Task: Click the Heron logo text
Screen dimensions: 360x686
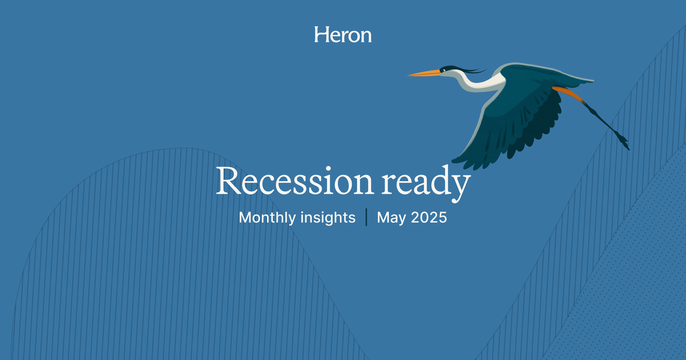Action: tap(342, 35)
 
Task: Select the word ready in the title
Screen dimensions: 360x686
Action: tap(426, 183)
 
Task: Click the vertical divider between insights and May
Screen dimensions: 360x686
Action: tap(366, 218)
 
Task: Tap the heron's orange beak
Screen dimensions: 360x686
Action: tap(422, 73)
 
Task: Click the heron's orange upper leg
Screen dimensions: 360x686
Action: tap(566, 91)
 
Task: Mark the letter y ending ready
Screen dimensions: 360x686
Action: tap(460, 186)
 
